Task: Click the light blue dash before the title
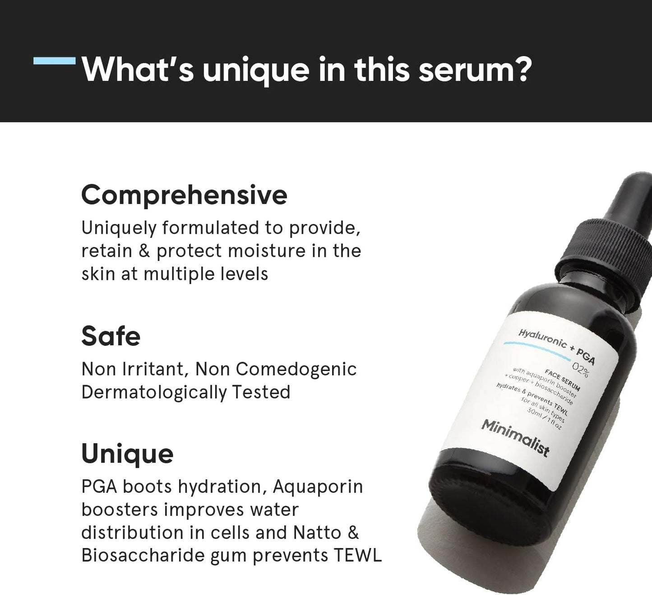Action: tap(55, 60)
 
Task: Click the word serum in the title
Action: tap(474, 70)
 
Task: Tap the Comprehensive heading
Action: tap(184, 195)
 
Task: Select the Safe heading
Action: tap(111, 336)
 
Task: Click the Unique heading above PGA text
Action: tap(127, 454)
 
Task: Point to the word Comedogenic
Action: tap(296, 369)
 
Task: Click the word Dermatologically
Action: tap(153, 392)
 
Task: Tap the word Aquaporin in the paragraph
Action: tap(318, 487)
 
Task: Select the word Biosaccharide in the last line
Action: tap(143, 556)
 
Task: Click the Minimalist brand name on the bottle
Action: tap(515, 437)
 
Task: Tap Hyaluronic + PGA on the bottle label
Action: tap(556, 346)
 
